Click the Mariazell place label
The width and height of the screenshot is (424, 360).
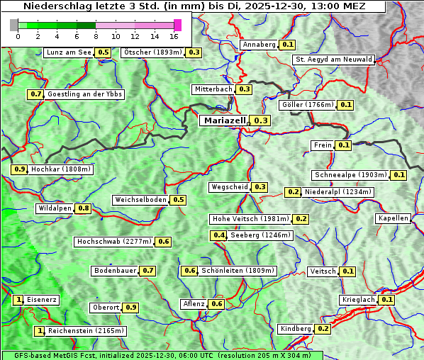click(225, 120)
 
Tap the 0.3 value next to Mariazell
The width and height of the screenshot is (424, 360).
click(261, 121)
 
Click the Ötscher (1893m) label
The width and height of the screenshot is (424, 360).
click(152, 52)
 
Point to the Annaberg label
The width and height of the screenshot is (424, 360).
click(259, 45)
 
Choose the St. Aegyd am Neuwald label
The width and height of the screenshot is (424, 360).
click(333, 60)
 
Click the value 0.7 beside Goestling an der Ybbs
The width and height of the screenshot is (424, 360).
click(35, 94)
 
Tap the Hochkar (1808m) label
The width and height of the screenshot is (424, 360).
click(62, 169)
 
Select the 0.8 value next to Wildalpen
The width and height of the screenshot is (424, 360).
click(84, 208)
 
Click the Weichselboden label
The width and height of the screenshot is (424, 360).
click(141, 200)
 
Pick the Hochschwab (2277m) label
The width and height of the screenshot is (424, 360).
click(114, 242)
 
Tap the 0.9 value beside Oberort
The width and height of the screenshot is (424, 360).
click(131, 308)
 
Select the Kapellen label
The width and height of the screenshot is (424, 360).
click(394, 218)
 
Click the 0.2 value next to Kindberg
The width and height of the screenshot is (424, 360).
click(323, 329)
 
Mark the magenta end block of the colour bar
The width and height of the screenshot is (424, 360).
click(177, 25)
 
